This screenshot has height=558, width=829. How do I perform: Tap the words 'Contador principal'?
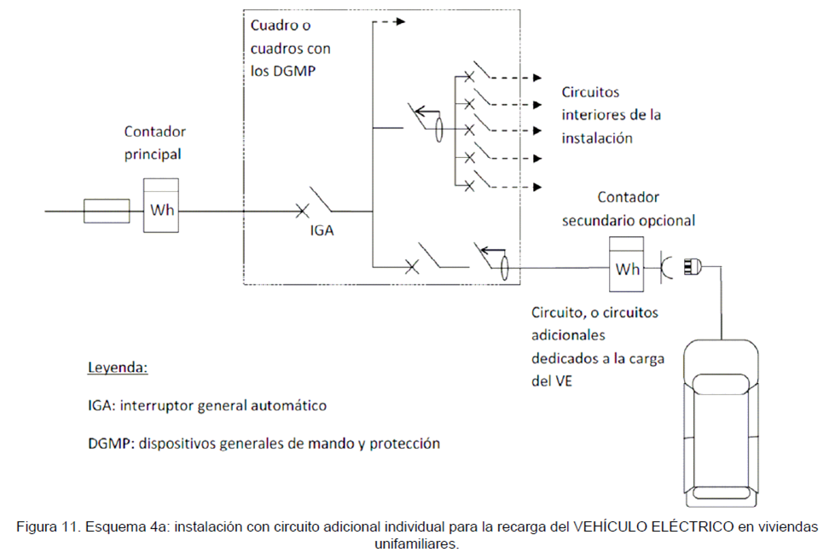154,143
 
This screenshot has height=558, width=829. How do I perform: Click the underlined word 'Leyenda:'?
118,369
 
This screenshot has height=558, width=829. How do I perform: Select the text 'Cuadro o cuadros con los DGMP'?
291,49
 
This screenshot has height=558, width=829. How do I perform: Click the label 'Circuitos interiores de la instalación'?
611,114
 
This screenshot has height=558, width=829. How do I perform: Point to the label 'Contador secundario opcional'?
628,208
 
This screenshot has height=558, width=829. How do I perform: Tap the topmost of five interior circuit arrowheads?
537,78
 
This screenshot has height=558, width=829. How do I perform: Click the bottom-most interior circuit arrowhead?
537,185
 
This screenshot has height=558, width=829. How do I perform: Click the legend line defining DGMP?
264,444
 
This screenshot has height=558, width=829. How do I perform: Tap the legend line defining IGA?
207,406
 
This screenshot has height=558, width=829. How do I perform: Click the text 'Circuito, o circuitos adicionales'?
594,324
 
